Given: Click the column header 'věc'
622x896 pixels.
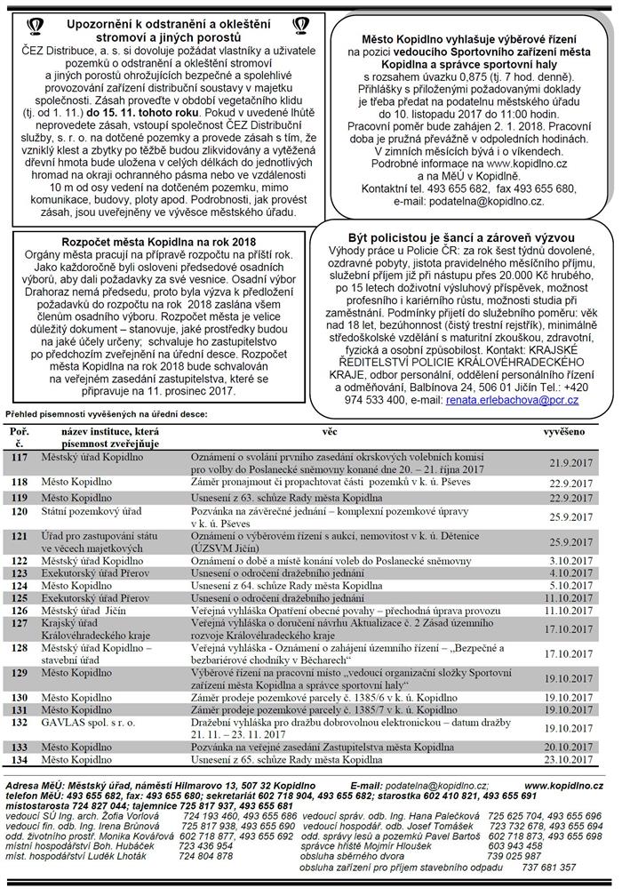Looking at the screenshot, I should click(x=330, y=431).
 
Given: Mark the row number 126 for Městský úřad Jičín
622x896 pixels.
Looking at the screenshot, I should click(x=20, y=611).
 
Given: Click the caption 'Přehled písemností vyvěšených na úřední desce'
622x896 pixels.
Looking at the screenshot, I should click(x=105, y=414).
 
